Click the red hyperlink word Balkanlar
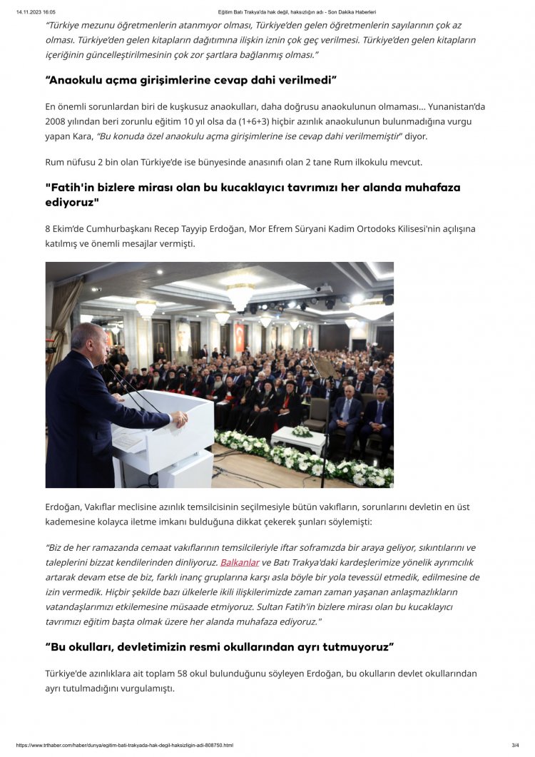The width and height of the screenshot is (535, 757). pyautogui.click(x=240, y=562)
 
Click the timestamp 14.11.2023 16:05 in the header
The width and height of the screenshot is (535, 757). pyautogui.click(x=36, y=12)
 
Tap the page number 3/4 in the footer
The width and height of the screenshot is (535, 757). pyautogui.click(x=515, y=745)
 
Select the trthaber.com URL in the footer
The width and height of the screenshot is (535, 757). pyautogui.click(x=124, y=745)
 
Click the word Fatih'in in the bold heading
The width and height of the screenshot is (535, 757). pyautogui.click(x=71, y=188)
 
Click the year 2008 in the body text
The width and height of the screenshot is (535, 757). pyautogui.click(x=58, y=122)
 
